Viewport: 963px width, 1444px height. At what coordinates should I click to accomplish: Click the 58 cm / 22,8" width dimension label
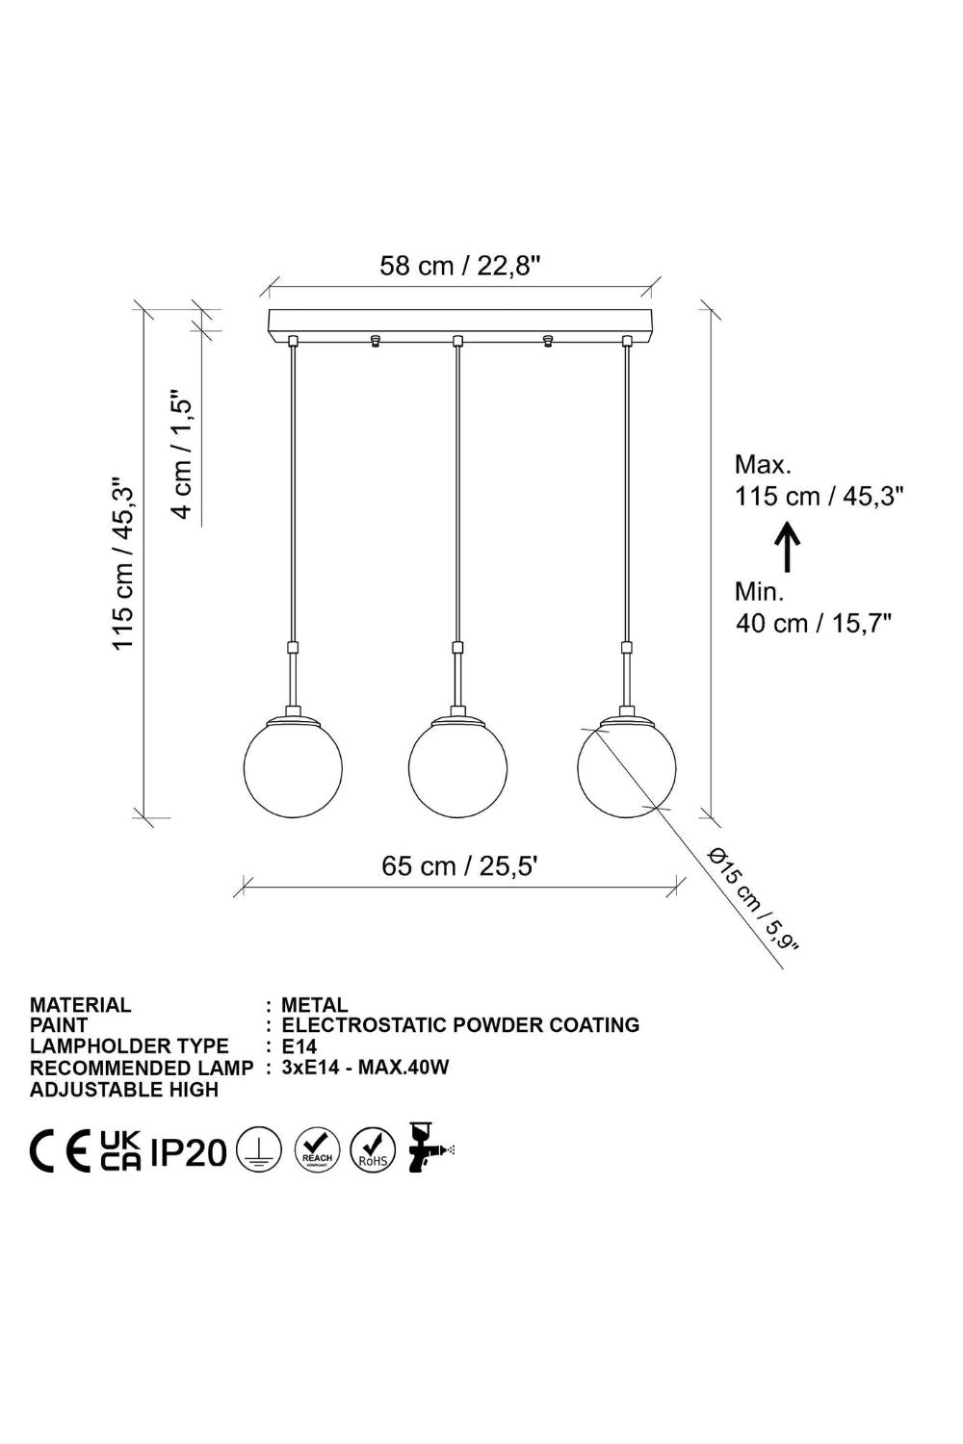click(x=458, y=265)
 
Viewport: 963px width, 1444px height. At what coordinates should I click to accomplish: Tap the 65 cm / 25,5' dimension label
click(x=459, y=866)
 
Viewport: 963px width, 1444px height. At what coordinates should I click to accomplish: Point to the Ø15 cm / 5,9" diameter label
click(x=753, y=898)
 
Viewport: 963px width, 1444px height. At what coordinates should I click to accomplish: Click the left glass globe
click(x=293, y=766)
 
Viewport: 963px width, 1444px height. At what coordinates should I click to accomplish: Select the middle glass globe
click(x=457, y=766)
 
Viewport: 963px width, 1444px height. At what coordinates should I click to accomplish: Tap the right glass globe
click(x=626, y=766)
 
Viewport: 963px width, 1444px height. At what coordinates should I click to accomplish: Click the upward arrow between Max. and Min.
click(x=787, y=548)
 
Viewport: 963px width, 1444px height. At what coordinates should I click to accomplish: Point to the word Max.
click(x=763, y=464)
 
